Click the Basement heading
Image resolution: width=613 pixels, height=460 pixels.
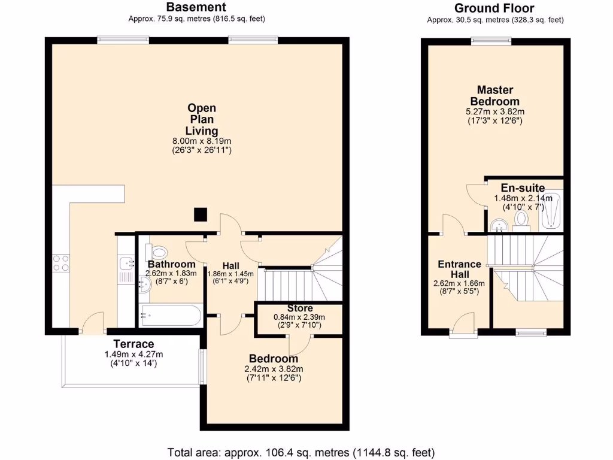pyautogui.click(x=196, y=7)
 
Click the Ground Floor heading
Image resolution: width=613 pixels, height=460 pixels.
pyautogui.click(x=494, y=8)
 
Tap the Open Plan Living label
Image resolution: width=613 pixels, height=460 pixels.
pyautogui.click(x=202, y=119)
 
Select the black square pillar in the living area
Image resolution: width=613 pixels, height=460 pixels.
pyautogui.click(x=201, y=214)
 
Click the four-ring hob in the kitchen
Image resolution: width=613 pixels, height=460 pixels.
pyautogui.click(x=61, y=264)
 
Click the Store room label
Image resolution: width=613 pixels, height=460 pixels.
pyautogui.click(x=300, y=308)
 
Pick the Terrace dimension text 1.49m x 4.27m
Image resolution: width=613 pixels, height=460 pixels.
pyautogui.click(x=133, y=354)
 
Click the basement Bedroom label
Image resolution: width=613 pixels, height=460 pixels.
pyautogui.click(x=274, y=358)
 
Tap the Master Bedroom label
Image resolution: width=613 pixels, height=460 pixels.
pyautogui.click(x=494, y=96)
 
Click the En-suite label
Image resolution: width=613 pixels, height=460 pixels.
pyautogui.click(x=523, y=187)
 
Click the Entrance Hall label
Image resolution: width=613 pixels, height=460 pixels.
pyautogui.click(x=459, y=269)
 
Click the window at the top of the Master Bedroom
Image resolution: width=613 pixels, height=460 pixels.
pyautogui.click(x=490, y=41)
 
